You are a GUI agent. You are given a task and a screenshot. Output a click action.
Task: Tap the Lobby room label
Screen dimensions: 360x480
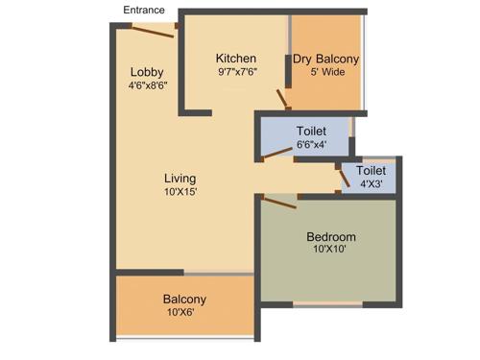coord(147,72)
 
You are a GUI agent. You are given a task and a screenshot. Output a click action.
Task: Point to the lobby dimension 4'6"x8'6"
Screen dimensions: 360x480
coord(147,84)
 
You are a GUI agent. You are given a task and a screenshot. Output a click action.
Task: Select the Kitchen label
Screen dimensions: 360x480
coord(235,59)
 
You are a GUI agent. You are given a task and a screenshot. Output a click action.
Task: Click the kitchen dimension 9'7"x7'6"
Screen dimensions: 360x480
coord(235,71)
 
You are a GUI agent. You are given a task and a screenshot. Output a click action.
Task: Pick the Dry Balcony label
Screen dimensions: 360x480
coord(325,59)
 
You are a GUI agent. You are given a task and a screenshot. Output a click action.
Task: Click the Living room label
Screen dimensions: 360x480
coord(180,178)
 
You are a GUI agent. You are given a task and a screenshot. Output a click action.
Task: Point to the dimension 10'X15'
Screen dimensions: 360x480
coord(180,191)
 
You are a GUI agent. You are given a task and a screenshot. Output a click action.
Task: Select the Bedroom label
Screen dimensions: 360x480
coord(331,237)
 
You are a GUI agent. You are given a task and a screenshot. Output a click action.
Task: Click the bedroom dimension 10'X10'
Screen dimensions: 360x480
coord(331,250)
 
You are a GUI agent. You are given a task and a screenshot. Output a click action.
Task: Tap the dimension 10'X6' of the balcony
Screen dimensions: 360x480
coord(184,312)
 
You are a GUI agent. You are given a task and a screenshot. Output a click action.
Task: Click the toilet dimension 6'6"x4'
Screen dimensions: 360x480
coord(310,144)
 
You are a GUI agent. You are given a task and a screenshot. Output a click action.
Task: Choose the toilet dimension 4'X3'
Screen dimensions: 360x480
coord(371,182)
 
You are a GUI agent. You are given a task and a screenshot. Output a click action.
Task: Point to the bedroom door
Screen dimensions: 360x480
coord(278,202)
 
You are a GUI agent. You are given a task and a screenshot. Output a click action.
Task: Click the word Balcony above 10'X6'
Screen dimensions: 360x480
coord(184,300)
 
